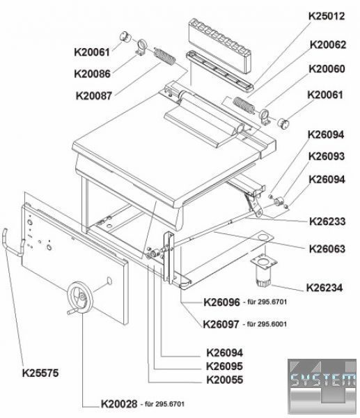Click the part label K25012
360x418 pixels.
point(327,16)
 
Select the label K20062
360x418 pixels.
point(328,45)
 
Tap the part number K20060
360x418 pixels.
point(327,69)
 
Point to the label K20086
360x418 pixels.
point(92,74)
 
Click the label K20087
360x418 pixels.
point(94,95)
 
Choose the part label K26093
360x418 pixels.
point(327,157)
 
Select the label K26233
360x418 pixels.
point(327,222)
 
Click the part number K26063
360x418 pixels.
point(327,249)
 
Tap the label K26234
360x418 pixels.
point(324,288)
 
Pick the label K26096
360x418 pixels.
point(221,302)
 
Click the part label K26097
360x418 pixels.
point(221,325)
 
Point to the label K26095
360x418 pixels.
point(225,366)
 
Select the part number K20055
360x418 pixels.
point(225,380)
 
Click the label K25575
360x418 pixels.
point(40,373)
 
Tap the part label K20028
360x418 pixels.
point(119,404)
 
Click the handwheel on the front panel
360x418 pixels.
point(79,297)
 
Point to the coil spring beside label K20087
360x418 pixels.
point(165,57)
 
